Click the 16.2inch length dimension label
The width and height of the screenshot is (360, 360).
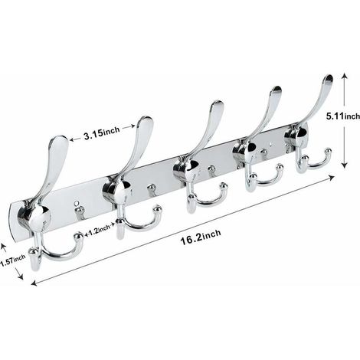click(x=201, y=237)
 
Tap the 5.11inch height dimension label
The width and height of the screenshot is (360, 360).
click(x=343, y=116)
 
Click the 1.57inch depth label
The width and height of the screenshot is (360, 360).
click(x=13, y=261)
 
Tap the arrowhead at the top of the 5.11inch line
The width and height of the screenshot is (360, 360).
click(x=345, y=76)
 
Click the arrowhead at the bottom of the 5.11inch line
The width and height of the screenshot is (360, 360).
click(x=345, y=165)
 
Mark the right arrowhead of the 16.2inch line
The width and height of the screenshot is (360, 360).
click(x=332, y=178)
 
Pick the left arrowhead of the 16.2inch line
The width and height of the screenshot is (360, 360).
click(x=34, y=283)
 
